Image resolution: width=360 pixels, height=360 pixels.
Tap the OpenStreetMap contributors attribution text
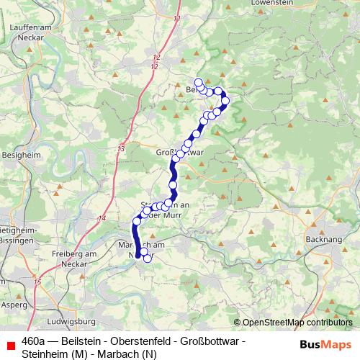292,323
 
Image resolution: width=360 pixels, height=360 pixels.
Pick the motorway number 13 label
121,148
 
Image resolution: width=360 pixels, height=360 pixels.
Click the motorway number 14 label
103,217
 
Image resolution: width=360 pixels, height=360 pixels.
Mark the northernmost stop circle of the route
199,82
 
